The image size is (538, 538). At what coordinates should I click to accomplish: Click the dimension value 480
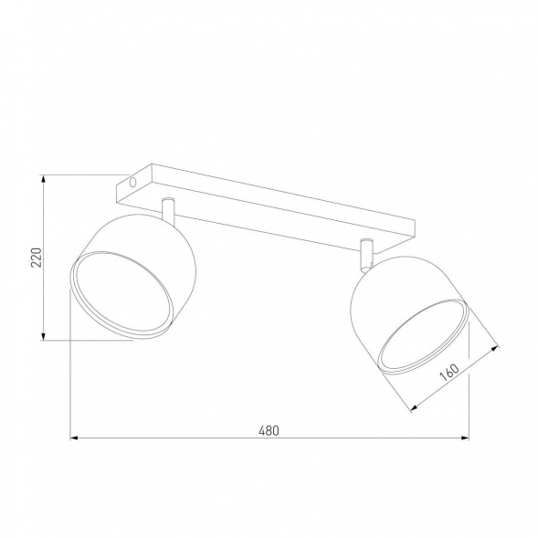[x=268, y=429]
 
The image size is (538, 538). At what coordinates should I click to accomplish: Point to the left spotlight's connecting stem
[x=167, y=210]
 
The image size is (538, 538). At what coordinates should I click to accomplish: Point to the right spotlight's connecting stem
[x=365, y=253]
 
